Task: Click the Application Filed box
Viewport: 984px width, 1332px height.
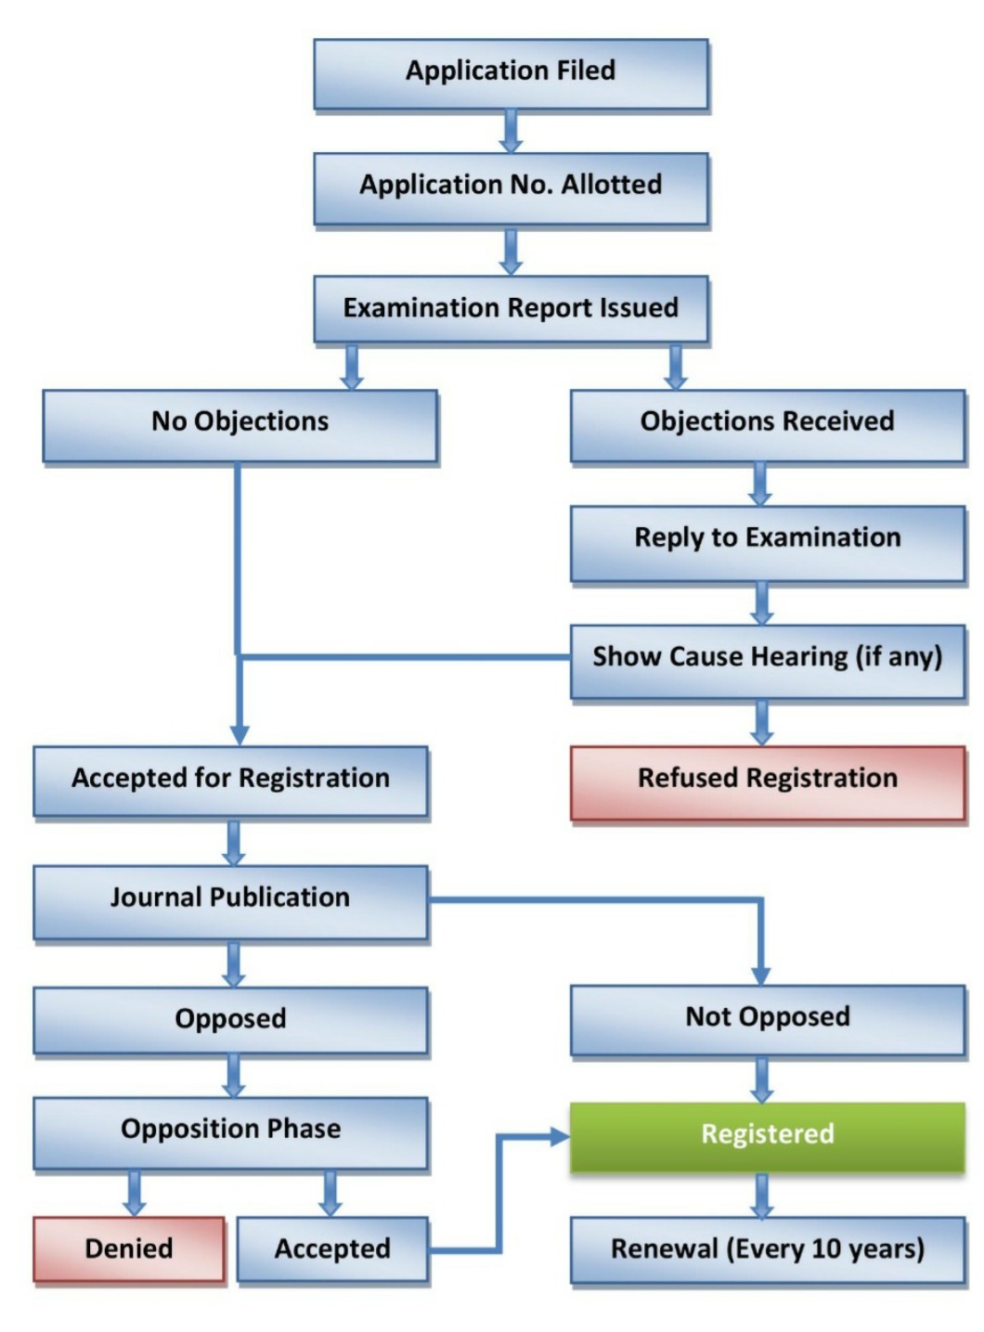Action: point(511,72)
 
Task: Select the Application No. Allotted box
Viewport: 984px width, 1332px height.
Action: point(511,187)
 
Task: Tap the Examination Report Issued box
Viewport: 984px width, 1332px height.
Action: point(511,308)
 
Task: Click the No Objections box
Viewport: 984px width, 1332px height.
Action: point(240,422)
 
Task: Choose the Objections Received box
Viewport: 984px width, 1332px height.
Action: point(767,422)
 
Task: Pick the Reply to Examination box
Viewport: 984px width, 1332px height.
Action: point(767,539)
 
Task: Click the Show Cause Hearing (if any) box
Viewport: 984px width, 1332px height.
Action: point(767,658)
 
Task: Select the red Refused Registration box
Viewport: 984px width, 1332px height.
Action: point(767,780)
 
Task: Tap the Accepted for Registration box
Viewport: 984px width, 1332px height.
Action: point(230,780)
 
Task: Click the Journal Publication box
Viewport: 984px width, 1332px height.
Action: point(230,899)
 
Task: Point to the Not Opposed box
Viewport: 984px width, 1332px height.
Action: point(767,1018)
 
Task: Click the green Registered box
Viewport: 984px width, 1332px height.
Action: point(767,1135)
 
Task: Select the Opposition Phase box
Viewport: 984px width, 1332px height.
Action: point(230,1131)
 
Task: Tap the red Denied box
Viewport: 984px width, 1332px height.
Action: point(129,1249)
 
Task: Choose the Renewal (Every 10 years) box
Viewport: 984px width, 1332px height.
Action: point(767,1249)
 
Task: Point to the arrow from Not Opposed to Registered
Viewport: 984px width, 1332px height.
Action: point(762,1080)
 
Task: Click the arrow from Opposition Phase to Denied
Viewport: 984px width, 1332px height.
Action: point(135,1194)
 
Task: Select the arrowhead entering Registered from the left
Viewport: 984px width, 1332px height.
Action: point(559,1136)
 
